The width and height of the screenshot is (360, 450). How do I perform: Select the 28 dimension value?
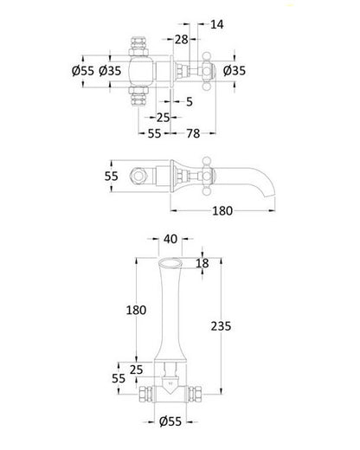click(182, 41)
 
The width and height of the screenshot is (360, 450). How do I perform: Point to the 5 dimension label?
click(188, 101)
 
